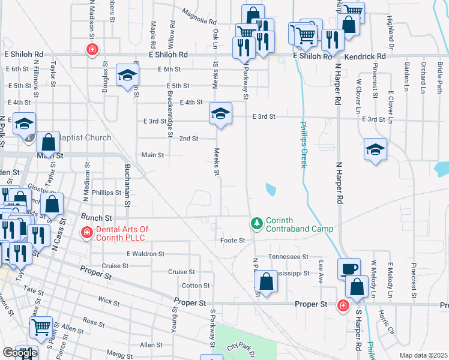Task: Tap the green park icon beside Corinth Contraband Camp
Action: click(x=257, y=223)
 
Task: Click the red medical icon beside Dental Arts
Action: click(x=86, y=233)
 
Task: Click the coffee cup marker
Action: click(x=348, y=268)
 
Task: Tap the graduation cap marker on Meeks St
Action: click(x=220, y=113)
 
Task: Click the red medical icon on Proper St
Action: click(x=343, y=305)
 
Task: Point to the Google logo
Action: click(x=20, y=353)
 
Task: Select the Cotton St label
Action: click(x=196, y=286)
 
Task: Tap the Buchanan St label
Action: click(x=127, y=185)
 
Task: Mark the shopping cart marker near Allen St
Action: click(x=41, y=327)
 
